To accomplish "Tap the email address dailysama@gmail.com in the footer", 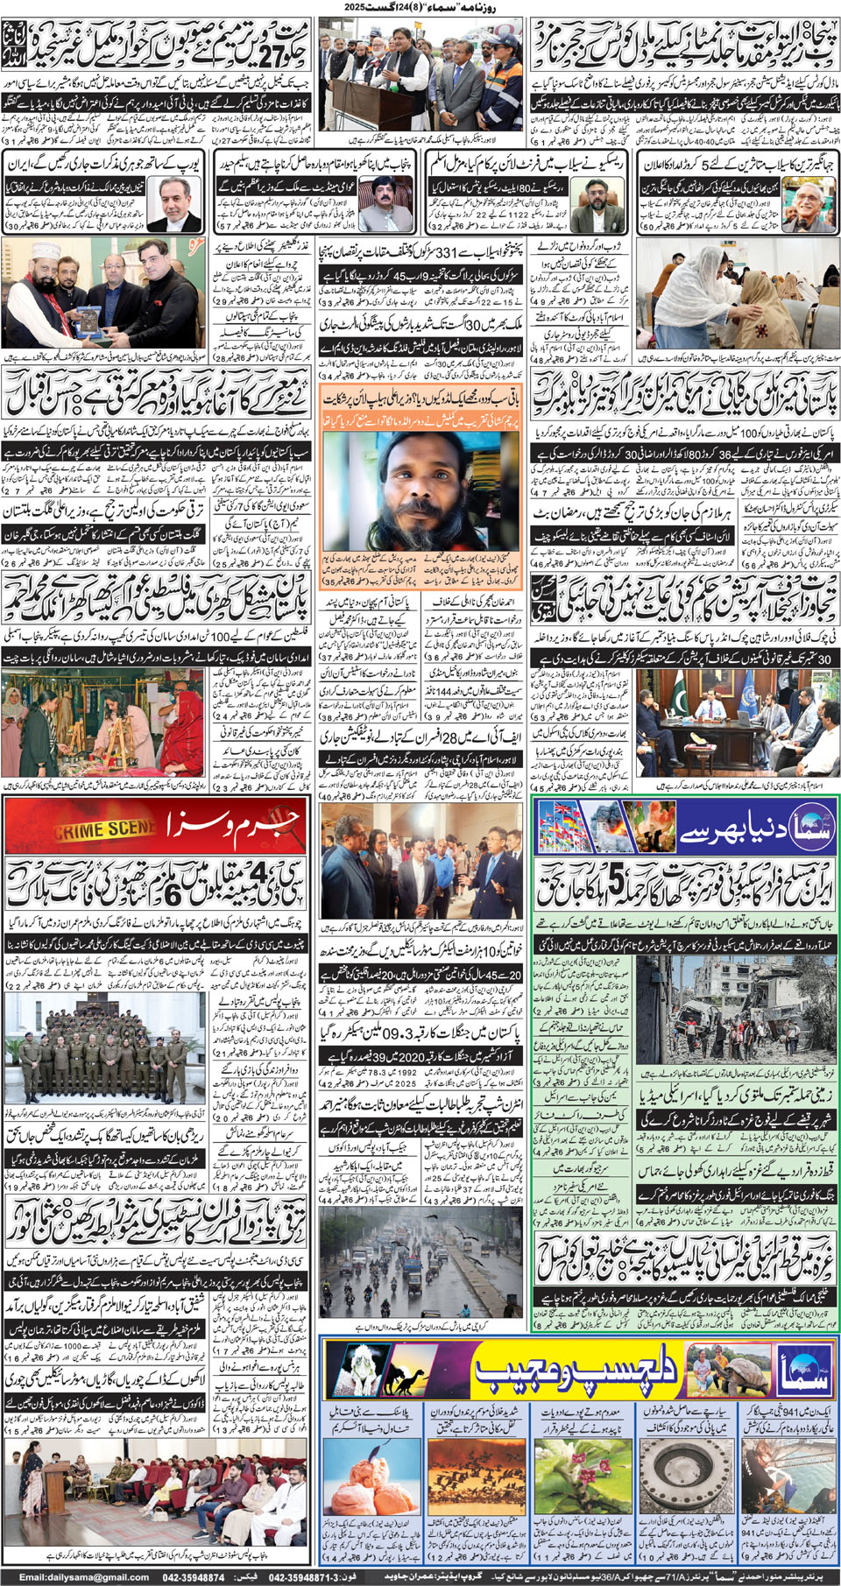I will tap(83, 1577).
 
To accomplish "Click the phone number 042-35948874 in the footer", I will tap(194, 1577).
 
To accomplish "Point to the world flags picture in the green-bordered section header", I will tap(583, 828).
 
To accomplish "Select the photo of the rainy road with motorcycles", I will tap(421, 1265).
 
